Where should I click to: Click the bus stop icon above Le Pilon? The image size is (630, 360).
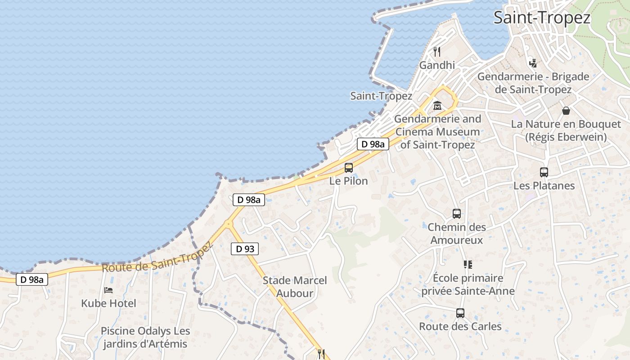click(348, 168)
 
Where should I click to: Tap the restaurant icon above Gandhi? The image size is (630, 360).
click(436, 52)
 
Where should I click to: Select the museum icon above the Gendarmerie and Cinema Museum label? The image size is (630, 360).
click(437, 106)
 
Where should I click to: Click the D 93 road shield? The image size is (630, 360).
click(245, 248)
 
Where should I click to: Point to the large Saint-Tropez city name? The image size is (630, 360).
click(542, 18)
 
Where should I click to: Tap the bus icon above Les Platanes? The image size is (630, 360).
click(544, 172)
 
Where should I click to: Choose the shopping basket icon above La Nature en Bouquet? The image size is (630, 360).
click(566, 111)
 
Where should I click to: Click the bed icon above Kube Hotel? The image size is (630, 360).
click(108, 290)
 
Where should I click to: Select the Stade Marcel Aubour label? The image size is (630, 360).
click(295, 287)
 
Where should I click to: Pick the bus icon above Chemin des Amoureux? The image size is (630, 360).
click(456, 214)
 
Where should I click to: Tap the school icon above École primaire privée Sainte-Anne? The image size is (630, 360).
click(468, 265)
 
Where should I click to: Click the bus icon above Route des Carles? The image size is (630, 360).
click(460, 313)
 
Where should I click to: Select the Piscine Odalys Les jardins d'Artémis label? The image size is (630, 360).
click(145, 337)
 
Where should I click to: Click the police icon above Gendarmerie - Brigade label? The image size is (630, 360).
click(533, 63)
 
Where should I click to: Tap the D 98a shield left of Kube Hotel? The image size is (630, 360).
click(31, 279)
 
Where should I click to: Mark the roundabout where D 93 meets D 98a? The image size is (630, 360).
click(229, 223)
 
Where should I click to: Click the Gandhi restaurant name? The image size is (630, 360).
click(437, 65)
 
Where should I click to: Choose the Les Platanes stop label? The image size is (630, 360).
click(544, 185)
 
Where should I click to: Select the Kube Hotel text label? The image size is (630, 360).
click(108, 303)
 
